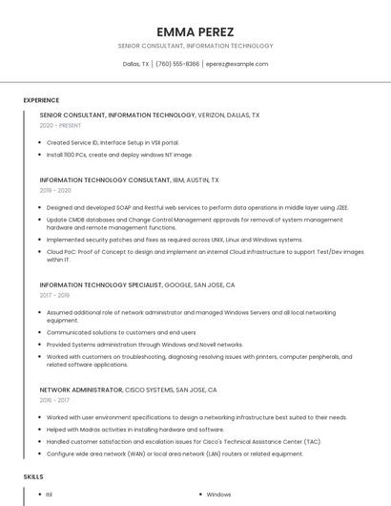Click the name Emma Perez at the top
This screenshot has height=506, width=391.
tap(195, 32)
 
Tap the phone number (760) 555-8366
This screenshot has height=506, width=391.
tap(177, 64)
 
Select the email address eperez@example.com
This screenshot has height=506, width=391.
tap(237, 64)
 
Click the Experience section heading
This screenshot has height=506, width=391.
tap(41, 100)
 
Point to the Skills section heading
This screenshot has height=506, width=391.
tap(33, 475)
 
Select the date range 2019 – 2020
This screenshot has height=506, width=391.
tap(56, 190)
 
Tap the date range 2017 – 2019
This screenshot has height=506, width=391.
tap(55, 295)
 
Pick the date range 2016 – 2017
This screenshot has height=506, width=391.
tap(55, 401)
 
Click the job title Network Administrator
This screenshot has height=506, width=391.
tap(82, 390)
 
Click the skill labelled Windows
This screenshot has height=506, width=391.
tap(218, 495)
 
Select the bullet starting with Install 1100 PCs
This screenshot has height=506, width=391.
tap(119, 154)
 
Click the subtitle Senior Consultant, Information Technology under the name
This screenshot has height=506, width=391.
tap(195, 46)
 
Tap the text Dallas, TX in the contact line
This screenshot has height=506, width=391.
tap(136, 64)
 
